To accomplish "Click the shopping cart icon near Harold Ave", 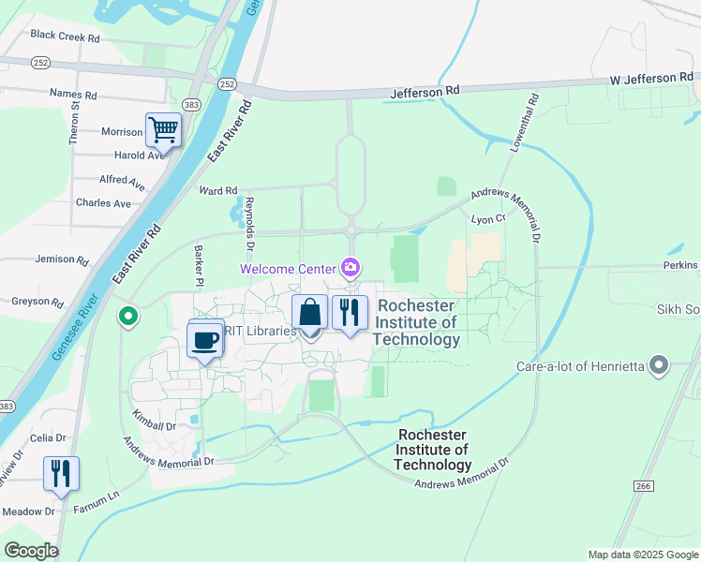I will [163, 129].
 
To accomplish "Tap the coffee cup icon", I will [205, 339].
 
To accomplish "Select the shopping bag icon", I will [310, 312].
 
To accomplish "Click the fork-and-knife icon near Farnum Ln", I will [61, 473].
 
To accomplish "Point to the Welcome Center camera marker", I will [350, 269].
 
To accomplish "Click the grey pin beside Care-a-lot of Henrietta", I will [660, 365].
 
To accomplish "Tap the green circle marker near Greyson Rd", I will [127, 318].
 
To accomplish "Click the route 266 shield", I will [642, 485].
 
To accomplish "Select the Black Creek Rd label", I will [65, 37].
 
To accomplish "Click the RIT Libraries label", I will [264, 330].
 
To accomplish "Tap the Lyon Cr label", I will [488, 218].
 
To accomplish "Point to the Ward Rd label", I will [217, 191].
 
